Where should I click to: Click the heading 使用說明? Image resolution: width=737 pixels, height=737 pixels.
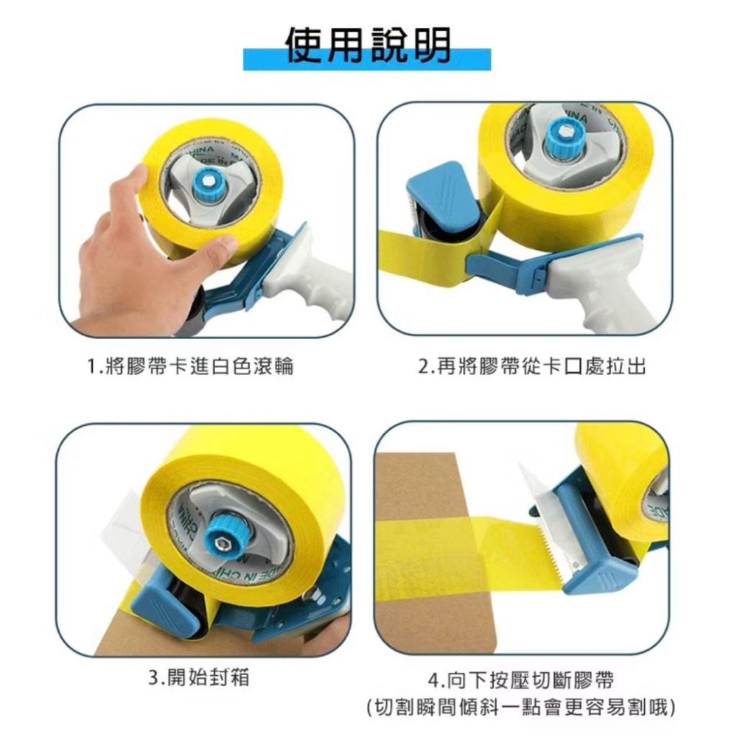(368, 45)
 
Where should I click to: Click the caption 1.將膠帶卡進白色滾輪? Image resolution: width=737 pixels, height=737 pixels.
(191, 366)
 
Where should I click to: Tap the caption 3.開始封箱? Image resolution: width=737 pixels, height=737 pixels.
(198, 677)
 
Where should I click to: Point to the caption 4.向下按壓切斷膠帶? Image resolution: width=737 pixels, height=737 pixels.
(521, 680)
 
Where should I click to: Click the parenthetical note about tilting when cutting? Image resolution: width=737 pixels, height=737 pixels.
(521, 707)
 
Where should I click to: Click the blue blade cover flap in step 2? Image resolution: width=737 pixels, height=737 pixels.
(441, 198)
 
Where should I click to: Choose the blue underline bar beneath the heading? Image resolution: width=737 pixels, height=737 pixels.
(367, 60)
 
